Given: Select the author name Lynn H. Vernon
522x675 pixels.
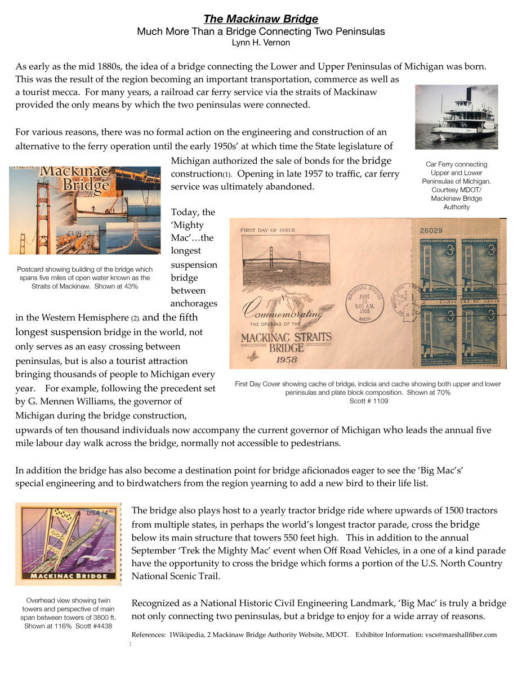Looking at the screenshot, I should point(260,42).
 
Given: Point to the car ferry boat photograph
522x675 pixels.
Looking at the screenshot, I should point(456,117).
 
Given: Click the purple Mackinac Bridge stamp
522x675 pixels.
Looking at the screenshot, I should point(68,544).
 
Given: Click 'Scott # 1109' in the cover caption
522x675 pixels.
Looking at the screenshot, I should point(368,402).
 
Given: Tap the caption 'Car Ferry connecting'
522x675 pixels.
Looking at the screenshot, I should point(456,164).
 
